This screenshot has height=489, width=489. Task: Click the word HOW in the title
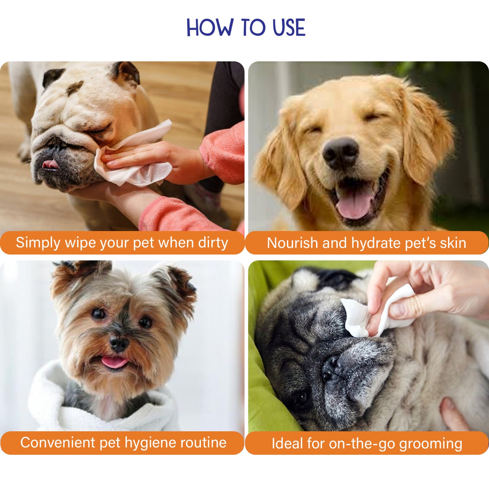click(x=210, y=27)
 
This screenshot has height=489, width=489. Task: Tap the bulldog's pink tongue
click(x=51, y=164)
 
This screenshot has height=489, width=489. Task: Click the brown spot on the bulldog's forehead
click(x=75, y=88)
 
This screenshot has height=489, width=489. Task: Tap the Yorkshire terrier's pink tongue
click(x=114, y=362)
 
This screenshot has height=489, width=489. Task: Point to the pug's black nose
click(x=330, y=368)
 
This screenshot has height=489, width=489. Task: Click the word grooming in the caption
click(x=431, y=444)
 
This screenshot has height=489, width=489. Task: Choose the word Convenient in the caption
click(x=58, y=442)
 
